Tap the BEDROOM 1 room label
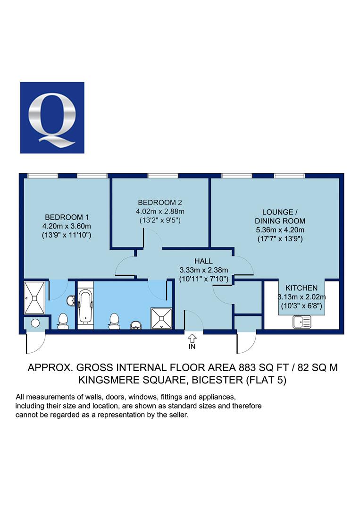coord(67,217)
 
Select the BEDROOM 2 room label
coord(160,202)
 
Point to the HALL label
coord(204,261)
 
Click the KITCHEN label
coord(301,288)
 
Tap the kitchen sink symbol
coord(302,322)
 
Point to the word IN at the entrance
coord(192,347)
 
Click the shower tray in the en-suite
coord(34,297)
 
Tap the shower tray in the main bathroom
coord(161,318)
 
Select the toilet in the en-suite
coord(63,321)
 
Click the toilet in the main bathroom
coord(114,321)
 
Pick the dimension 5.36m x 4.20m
coord(280,230)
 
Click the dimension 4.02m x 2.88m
coord(160,212)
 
